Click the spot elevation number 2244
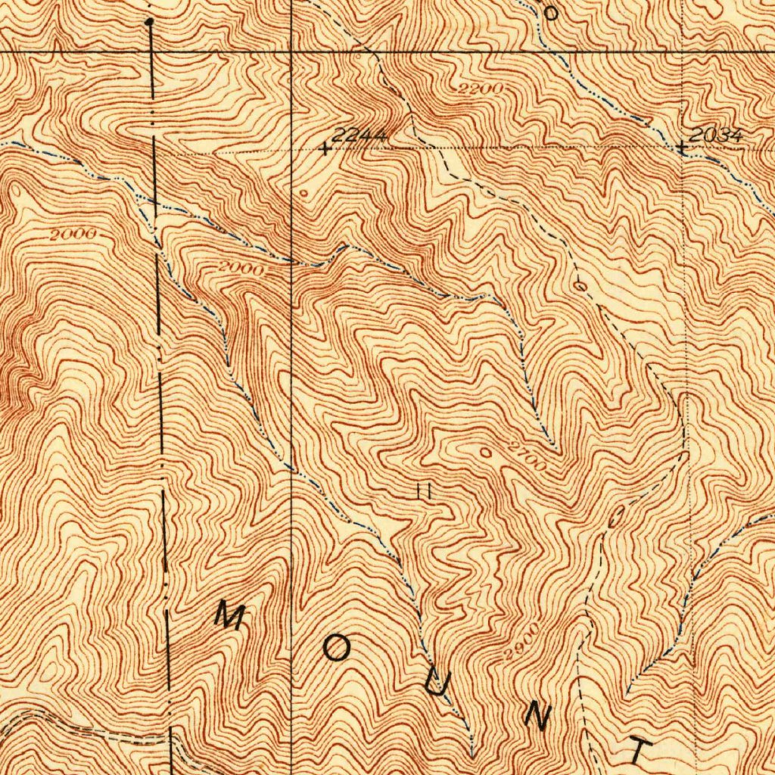point(360,135)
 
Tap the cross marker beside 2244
point(325,149)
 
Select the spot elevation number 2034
point(716,135)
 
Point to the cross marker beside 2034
point(683,148)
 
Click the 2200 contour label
point(481,90)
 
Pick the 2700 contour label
point(528,456)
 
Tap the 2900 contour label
point(523,641)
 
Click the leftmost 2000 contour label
point(73,235)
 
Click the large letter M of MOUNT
point(229,615)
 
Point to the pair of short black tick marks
point(424,491)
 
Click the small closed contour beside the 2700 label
point(485,451)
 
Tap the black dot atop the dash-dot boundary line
point(149,23)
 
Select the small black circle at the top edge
point(551,12)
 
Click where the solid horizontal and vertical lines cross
point(292,51)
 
